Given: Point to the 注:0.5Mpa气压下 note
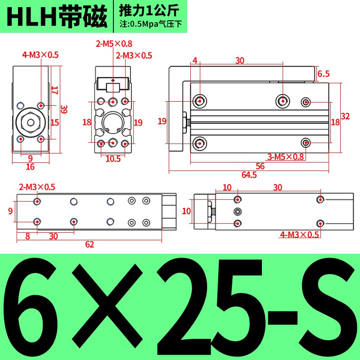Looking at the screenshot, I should click(150, 24).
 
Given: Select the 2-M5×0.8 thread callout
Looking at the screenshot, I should click(113, 44).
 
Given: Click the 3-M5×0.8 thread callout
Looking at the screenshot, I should click(286, 157).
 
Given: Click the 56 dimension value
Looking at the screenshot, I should click(260, 166).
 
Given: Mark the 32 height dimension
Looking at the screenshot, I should click(345, 116).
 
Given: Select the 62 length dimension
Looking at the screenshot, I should click(89, 245).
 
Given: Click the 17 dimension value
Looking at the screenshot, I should click(54, 90).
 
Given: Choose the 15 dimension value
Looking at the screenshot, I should click(54, 122).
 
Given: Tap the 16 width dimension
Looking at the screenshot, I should click(30, 167).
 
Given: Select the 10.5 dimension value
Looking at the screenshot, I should click(113, 158).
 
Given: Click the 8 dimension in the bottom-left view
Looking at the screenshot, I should click(27, 235).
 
